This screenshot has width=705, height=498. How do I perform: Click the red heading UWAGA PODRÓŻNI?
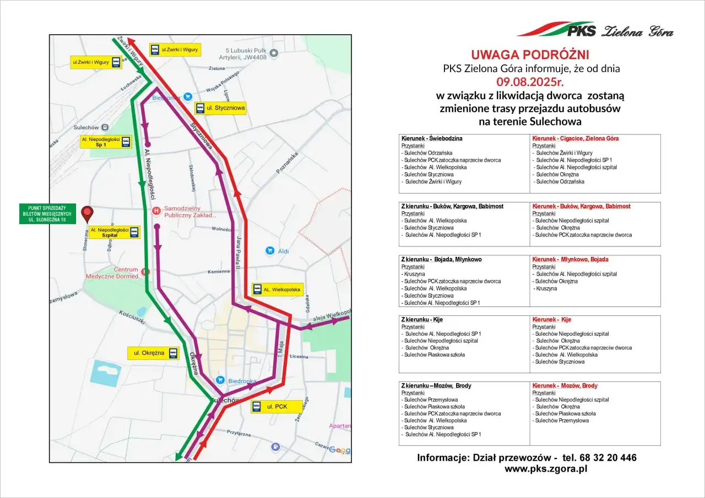[x=530, y=54]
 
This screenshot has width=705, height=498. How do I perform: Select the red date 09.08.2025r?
[x=530, y=82]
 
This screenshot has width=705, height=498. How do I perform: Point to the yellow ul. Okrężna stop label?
[x=154, y=353]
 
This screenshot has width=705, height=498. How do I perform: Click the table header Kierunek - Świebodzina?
[x=432, y=138]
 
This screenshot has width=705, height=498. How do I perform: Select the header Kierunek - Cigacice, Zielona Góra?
[x=575, y=138]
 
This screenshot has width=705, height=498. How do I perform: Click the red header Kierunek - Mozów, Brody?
[x=565, y=386]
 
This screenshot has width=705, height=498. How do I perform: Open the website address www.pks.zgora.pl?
[x=545, y=469]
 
